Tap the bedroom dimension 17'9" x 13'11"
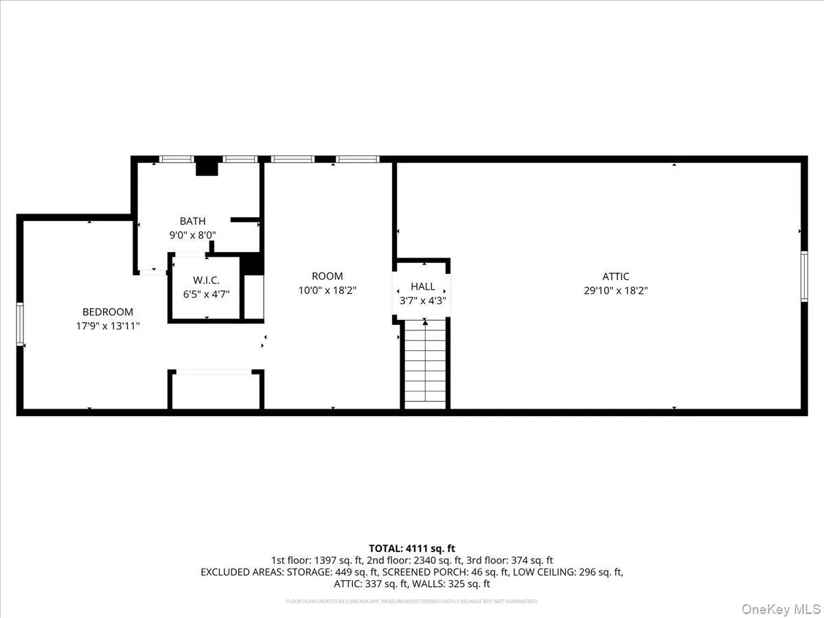108,326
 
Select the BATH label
192,221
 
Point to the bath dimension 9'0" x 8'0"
192,235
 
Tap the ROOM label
327,276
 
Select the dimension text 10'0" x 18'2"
327,290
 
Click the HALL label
423,286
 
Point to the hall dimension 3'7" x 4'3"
423,300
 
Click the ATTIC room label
616,276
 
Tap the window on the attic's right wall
803,276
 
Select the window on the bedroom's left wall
21,323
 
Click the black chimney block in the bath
207,167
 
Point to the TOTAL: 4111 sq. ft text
412,548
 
